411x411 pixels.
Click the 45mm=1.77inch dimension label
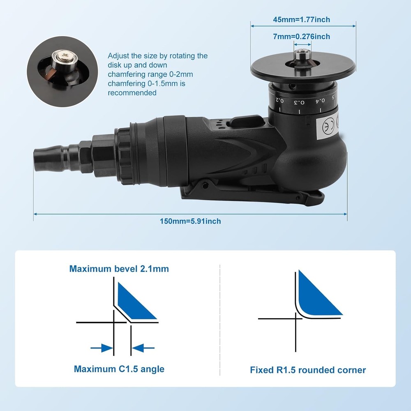(x=302, y=19)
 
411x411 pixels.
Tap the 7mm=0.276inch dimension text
(x=302, y=37)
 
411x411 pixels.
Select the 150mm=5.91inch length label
(x=190, y=221)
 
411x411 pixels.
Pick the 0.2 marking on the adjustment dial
(x=279, y=99)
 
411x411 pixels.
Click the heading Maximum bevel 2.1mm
(x=119, y=269)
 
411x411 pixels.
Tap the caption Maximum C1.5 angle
(x=119, y=369)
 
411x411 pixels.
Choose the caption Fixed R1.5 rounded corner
(x=308, y=370)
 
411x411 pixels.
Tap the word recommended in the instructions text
(x=132, y=92)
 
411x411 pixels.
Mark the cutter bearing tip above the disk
(x=302, y=53)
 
